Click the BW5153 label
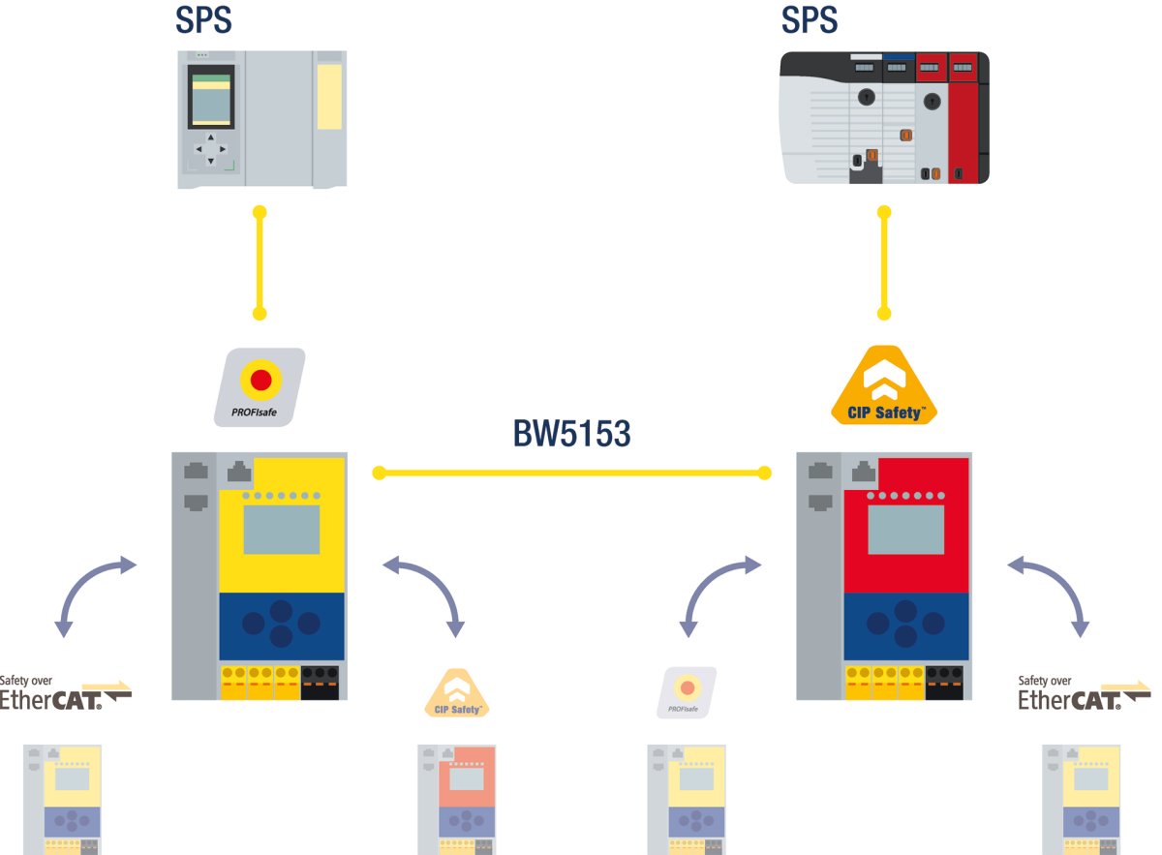click(571, 433)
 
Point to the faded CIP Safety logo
click(457, 694)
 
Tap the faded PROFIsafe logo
click(687, 692)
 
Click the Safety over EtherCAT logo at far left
click(64, 693)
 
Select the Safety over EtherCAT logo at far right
click(1084, 693)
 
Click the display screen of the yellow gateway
click(281, 530)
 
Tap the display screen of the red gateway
click(905, 530)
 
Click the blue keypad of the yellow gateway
click(282, 624)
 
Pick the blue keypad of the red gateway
click(905, 624)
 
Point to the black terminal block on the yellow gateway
click(320, 682)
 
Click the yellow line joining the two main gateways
click(571, 473)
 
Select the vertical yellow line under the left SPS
click(260, 262)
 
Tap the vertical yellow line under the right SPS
click(883, 262)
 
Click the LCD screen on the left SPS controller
click(210, 97)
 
